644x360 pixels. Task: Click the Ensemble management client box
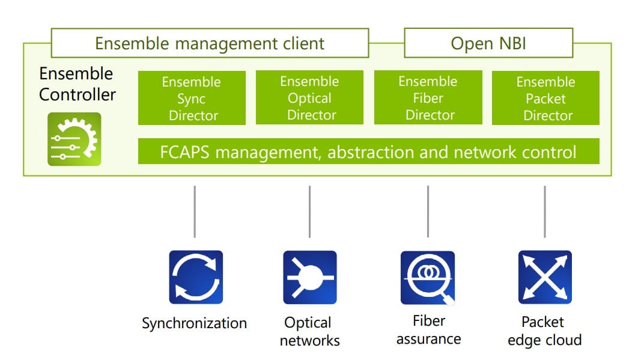tap(210, 43)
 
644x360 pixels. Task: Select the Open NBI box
tap(488, 43)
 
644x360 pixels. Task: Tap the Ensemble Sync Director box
tap(192, 98)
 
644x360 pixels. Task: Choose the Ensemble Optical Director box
tap(309, 97)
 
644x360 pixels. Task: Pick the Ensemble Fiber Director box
tap(428, 97)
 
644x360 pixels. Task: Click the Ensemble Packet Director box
tap(546, 98)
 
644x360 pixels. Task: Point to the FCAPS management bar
tap(368, 151)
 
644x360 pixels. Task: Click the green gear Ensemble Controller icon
tap(74, 139)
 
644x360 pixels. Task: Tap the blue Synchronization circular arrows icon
tap(196, 278)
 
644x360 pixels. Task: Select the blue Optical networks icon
tap(309, 278)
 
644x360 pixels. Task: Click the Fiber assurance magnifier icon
tap(428, 278)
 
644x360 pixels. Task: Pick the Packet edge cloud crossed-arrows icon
tap(545, 278)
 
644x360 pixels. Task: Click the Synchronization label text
tap(194, 323)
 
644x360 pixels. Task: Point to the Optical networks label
tap(309, 331)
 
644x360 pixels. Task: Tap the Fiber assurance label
tap(428, 329)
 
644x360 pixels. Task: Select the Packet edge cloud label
tap(545, 331)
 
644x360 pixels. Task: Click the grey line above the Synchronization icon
tap(195, 212)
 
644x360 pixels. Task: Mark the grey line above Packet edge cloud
tap(545, 212)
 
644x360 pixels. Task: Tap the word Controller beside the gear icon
tap(77, 95)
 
